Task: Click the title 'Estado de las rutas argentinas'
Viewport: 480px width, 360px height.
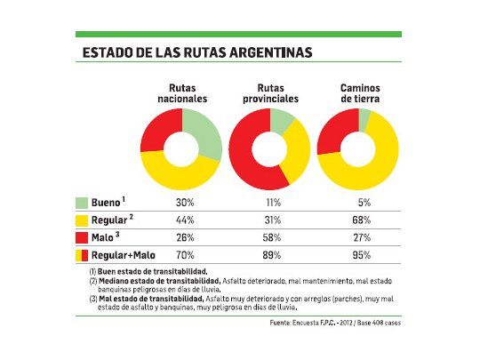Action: [x=196, y=52]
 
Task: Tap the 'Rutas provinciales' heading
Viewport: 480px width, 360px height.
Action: [x=269, y=93]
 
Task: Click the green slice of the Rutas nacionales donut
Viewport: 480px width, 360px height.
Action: [x=206, y=133]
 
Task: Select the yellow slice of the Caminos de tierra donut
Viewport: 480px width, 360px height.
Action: [x=373, y=164]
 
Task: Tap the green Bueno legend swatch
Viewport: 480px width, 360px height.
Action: [x=82, y=203]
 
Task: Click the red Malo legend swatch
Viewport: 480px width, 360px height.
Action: [x=82, y=237]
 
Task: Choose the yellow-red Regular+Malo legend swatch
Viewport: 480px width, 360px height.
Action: [x=82, y=255]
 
